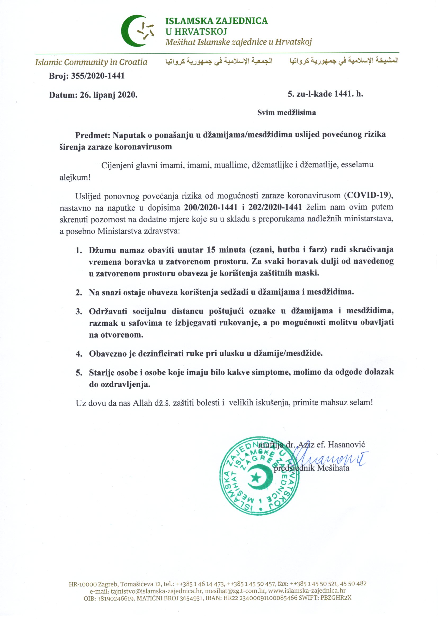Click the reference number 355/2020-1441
pyautogui.click(x=98, y=76)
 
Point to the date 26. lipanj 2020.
pyautogui.click(x=108, y=95)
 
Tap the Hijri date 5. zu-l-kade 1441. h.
pyautogui.click(x=325, y=94)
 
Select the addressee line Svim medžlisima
pyautogui.click(x=287, y=112)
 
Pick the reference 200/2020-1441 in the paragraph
pyautogui.click(x=211, y=207)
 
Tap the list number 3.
pyautogui.click(x=79, y=312)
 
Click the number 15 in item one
pyautogui.click(x=211, y=250)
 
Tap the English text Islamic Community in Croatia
pyautogui.click(x=91, y=62)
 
